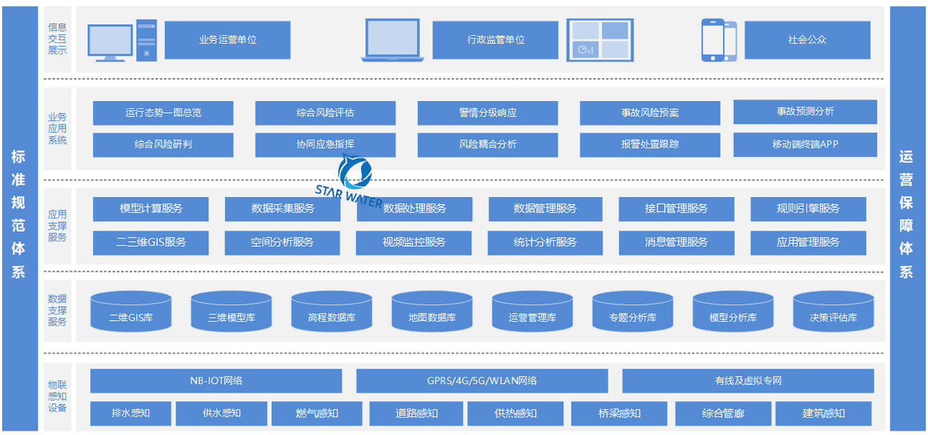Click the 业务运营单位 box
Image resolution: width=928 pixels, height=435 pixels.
(x=228, y=39)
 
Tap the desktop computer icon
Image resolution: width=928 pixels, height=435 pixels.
(x=121, y=42)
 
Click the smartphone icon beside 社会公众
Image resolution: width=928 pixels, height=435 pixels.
(x=718, y=40)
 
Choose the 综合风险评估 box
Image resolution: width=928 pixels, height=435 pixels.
(x=325, y=113)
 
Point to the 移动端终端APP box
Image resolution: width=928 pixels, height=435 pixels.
(x=805, y=144)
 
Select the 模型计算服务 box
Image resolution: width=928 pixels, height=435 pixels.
(x=151, y=209)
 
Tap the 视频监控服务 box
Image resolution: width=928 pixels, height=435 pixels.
(x=414, y=243)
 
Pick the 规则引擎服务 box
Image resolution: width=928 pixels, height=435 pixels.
(x=808, y=209)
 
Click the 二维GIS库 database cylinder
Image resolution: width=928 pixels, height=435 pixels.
(x=131, y=312)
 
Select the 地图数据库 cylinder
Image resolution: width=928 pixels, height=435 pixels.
(x=432, y=312)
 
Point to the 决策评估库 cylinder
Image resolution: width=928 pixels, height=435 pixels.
(x=833, y=312)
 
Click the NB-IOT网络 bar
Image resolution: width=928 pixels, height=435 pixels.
(x=216, y=380)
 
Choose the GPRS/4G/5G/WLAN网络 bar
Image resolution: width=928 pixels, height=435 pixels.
(x=482, y=380)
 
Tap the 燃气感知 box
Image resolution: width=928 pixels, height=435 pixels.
(x=317, y=413)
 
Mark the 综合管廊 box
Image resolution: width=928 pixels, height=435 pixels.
(x=723, y=413)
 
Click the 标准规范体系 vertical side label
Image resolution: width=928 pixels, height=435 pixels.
(x=19, y=215)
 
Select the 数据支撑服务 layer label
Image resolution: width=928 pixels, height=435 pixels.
(x=57, y=310)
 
